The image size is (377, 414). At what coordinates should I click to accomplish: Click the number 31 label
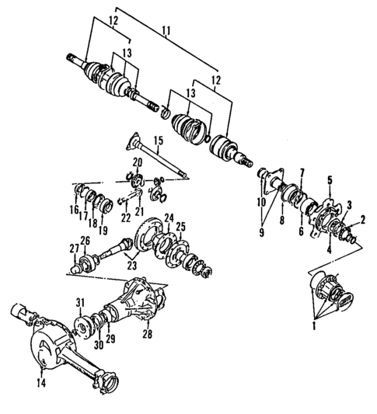pyautogui.click(x=79, y=302)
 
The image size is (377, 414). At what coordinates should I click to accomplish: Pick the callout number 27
pyautogui.click(x=74, y=249)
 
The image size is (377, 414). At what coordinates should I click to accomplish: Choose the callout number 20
pyautogui.click(x=137, y=162)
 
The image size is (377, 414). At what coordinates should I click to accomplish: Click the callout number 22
pyautogui.click(x=125, y=220)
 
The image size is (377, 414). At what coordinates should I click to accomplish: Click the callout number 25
pyautogui.click(x=180, y=227)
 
